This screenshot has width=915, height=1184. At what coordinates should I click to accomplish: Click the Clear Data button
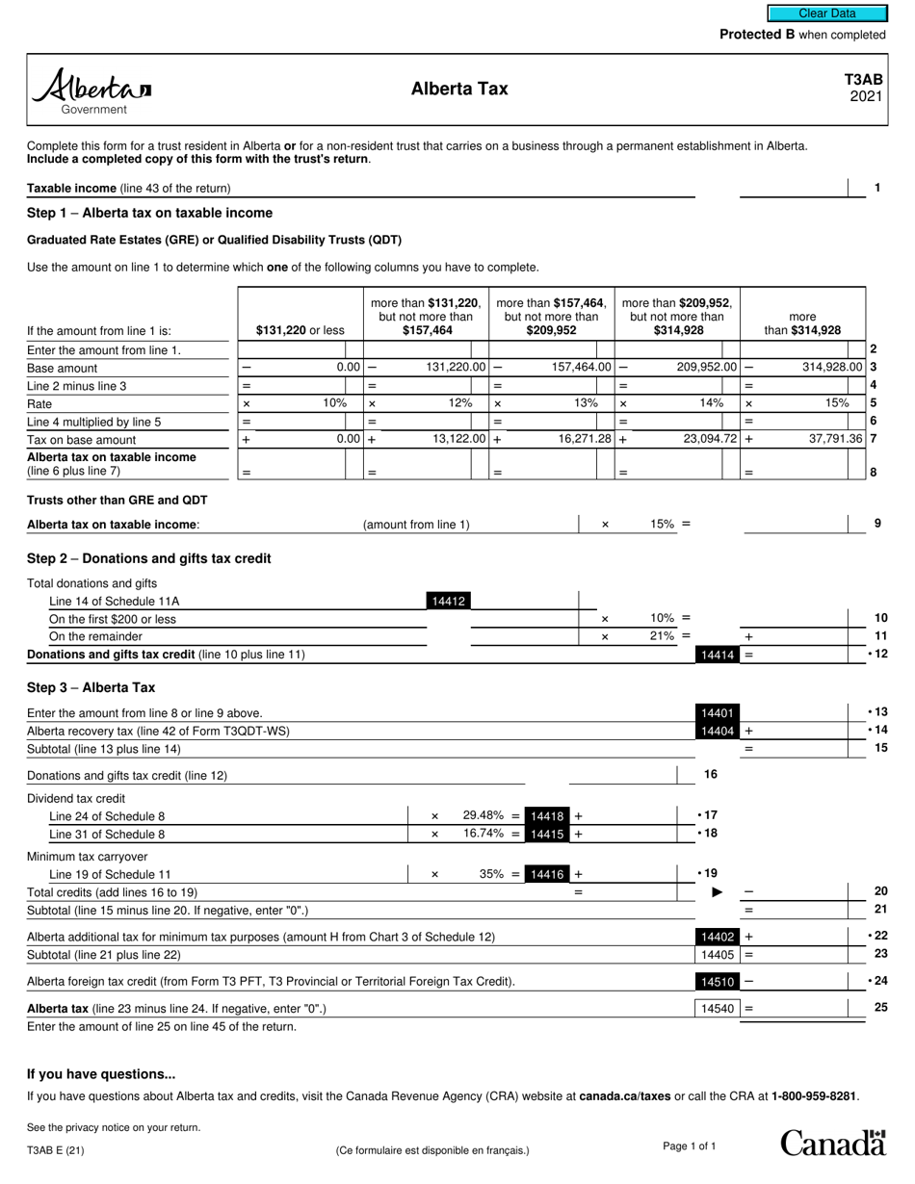(826, 13)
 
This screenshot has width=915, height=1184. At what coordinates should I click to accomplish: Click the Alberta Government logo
(92, 90)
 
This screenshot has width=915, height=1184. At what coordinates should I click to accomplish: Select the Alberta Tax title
(459, 90)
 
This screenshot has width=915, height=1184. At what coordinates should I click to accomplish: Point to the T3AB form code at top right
(864, 81)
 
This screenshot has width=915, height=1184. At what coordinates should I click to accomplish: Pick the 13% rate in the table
(585, 403)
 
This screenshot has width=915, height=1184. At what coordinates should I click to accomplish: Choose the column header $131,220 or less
(300, 330)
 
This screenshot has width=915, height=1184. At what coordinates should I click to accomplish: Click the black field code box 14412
(448, 602)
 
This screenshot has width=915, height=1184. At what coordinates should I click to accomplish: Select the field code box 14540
(714, 1008)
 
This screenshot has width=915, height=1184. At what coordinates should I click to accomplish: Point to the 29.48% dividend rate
(484, 816)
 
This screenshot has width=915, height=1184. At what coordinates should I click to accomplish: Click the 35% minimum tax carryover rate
(492, 874)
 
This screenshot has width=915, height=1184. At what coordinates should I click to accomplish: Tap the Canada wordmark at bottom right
(832, 1143)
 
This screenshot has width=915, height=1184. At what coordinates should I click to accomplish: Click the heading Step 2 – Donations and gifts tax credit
(149, 558)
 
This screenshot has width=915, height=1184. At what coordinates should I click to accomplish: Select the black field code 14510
(718, 982)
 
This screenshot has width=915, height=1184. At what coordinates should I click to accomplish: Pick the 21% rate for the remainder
(664, 636)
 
